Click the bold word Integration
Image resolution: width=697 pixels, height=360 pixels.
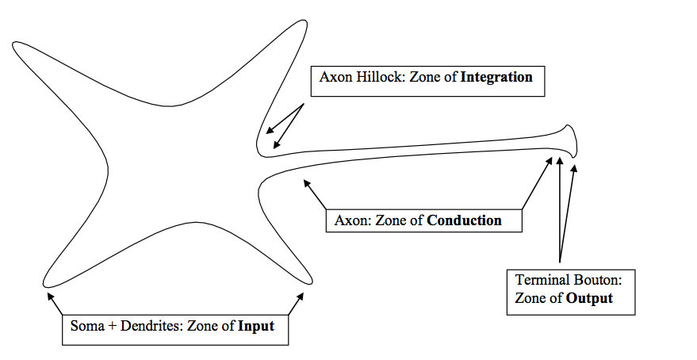(x=496, y=79)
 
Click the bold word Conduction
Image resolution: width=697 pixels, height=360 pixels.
(x=464, y=220)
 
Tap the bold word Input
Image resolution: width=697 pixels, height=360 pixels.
(x=256, y=326)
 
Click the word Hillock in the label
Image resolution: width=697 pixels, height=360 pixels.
(x=376, y=79)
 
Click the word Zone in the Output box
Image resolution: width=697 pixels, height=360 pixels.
(x=530, y=298)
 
